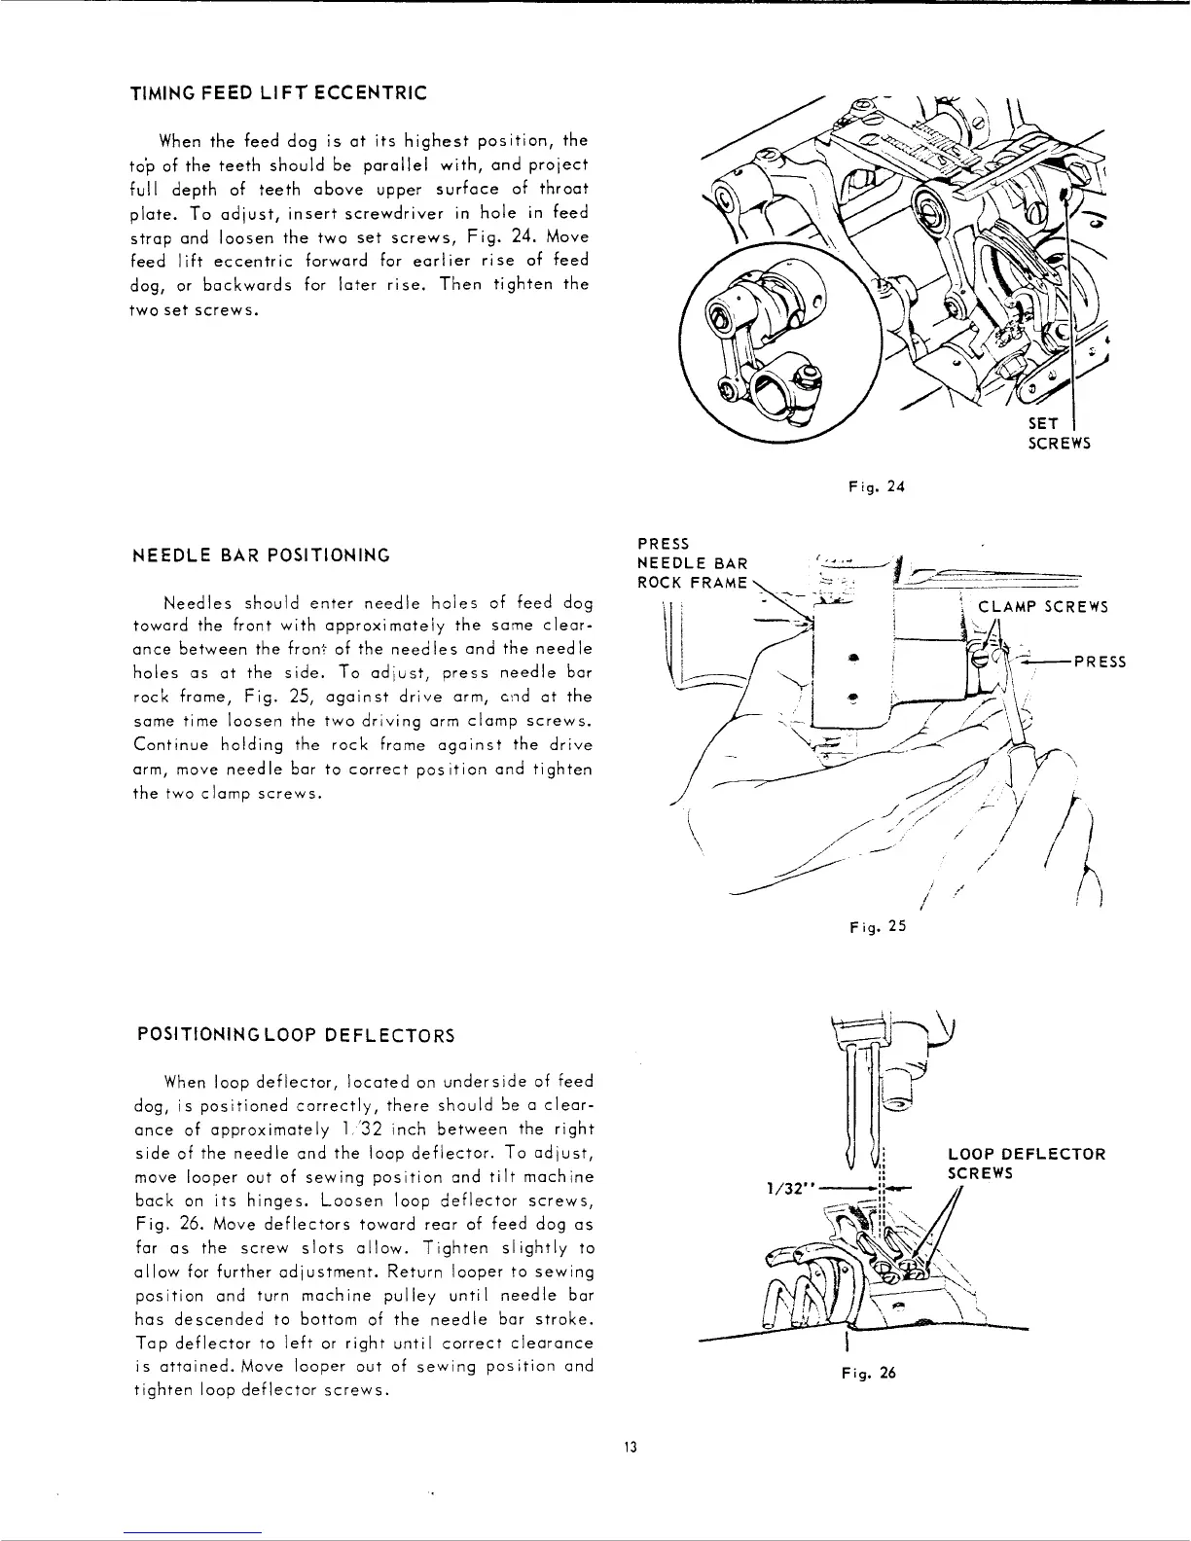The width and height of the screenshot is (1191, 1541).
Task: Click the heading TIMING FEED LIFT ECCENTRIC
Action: [278, 93]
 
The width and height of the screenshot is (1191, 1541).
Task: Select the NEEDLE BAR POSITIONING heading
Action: [261, 555]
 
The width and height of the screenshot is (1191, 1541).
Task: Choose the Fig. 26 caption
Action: [868, 1374]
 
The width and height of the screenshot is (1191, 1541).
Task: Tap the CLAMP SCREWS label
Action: [1043, 608]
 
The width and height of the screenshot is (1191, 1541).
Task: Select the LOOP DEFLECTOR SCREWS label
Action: [1026, 1164]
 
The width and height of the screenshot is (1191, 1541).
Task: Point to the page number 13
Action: [630, 1447]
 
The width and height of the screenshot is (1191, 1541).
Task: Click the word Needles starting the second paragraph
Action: [194, 602]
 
